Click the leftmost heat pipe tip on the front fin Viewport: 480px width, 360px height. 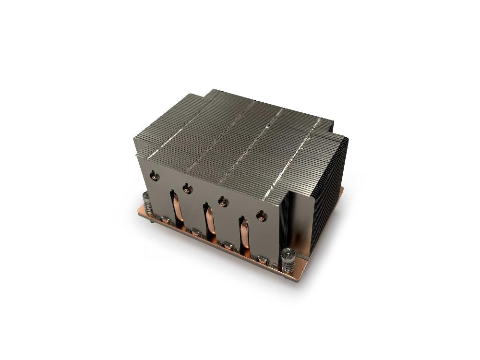click(x=154, y=176)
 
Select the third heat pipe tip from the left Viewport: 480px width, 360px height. click(x=223, y=202)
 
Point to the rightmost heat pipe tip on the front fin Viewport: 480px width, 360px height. click(x=261, y=216)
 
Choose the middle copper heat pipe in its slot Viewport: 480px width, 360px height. click(x=209, y=224)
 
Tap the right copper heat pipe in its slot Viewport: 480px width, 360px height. click(x=244, y=238)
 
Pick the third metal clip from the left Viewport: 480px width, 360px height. click(x=228, y=246)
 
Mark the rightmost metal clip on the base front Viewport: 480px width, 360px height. click(x=263, y=261)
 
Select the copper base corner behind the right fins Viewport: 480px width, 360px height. click(x=341, y=190)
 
